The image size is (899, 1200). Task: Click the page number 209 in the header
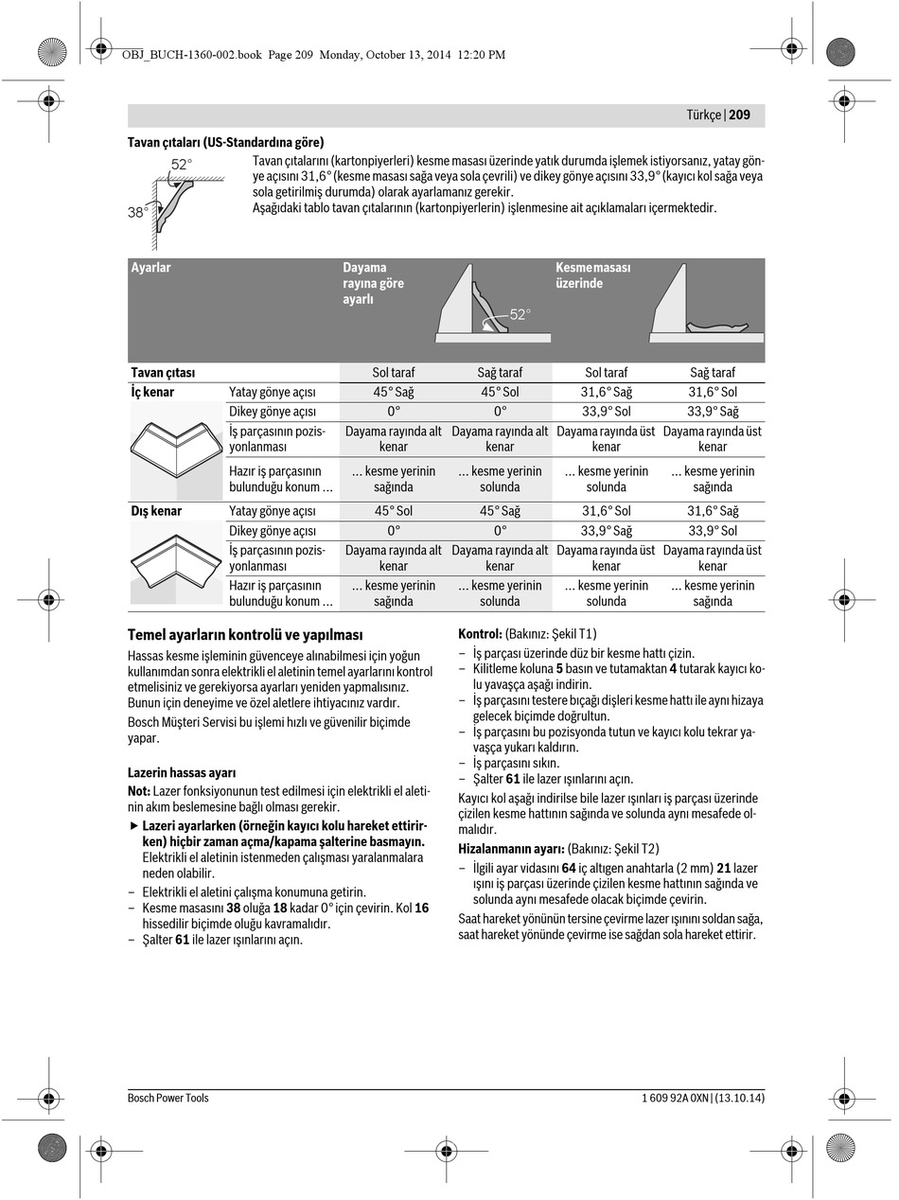click(740, 115)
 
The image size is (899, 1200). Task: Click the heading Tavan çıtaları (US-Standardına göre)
click(225, 143)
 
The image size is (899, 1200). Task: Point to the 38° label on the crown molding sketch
click(138, 213)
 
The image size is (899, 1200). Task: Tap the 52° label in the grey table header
click(520, 314)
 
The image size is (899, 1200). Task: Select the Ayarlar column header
click(151, 268)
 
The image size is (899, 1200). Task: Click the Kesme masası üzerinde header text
click(592, 275)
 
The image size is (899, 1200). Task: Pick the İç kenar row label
click(152, 392)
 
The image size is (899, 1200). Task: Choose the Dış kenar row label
click(156, 511)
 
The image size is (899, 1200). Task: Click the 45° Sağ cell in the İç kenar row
click(393, 392)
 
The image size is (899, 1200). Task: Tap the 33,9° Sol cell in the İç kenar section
click(606, 412)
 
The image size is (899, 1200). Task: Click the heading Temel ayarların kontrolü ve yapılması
click(245, 635)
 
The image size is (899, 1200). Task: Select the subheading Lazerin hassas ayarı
click(182, 773)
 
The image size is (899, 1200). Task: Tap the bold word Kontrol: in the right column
click(480, 634)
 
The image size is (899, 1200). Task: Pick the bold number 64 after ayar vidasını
click(569, 868)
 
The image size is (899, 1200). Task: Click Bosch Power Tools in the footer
click(168, 1098)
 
